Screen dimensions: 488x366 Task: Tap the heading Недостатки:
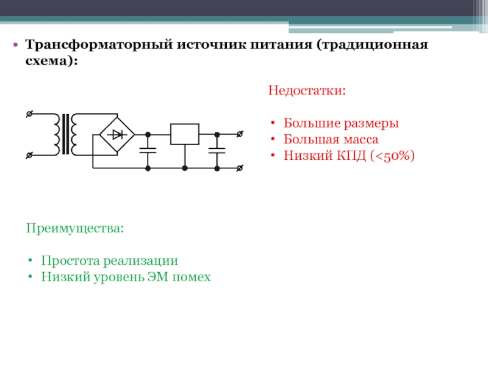(307, 90)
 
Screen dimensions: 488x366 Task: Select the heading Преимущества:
(75, 228)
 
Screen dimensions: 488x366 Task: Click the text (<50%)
(392, 156)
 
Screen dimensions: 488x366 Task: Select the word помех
(192, 277)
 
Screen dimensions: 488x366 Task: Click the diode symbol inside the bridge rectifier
(117, 135)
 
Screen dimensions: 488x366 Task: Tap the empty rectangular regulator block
(185, 134)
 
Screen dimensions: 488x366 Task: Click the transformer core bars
(65, 134)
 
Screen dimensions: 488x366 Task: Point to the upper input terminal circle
(29, 114)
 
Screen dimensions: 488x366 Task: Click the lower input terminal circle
(29, 155)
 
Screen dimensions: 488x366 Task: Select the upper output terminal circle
(240, 134)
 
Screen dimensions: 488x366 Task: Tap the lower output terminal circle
(240, 168)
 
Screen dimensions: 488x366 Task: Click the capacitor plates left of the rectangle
(148, 151)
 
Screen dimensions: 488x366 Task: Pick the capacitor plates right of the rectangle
(217, 151)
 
